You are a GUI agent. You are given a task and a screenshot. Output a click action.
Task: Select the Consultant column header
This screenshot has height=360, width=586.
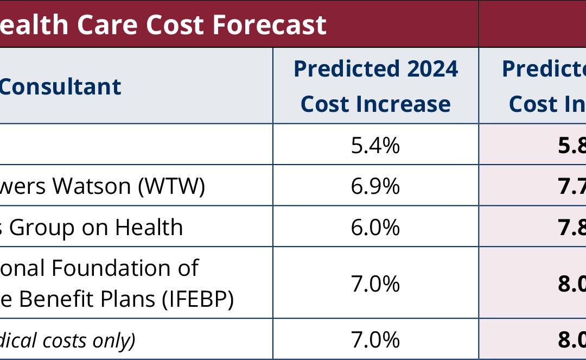coord(60,86)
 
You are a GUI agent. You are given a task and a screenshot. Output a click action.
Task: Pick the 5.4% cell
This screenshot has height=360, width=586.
coord(375,145)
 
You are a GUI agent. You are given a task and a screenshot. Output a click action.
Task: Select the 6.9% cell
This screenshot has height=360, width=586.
coord(375,186)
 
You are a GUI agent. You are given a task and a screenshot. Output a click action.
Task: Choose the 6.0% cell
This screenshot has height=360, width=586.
coord(375,227)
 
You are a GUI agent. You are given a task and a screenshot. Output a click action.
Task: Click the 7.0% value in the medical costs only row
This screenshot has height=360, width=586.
coord(375,340)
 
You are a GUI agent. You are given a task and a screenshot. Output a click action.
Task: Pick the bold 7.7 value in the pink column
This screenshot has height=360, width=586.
coord(573,186)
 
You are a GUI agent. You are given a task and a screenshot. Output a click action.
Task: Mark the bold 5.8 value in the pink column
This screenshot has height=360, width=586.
coord(573,145)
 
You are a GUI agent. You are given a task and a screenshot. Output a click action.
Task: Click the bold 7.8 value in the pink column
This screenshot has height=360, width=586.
coord(573,227)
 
